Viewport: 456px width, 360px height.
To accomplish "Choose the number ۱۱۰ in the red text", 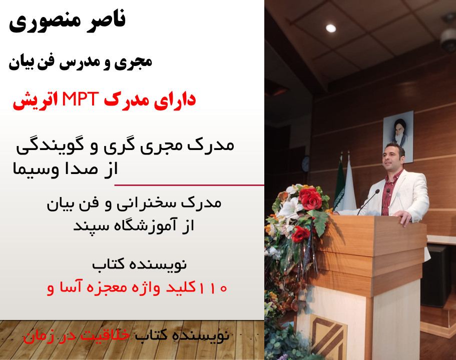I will (213, 288).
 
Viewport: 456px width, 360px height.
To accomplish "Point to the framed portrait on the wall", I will (398, 136).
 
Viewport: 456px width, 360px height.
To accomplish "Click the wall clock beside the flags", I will (306, 163).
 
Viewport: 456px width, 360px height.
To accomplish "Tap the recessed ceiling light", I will (331, 28).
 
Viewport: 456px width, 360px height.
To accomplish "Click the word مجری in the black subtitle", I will (136, 62).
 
